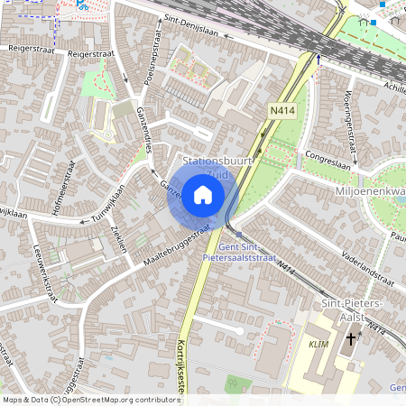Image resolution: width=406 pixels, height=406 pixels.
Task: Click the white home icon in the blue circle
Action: (203, 195)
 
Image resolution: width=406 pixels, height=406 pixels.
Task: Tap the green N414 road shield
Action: (281, 110)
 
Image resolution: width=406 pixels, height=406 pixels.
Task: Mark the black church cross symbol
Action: (351, 340)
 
